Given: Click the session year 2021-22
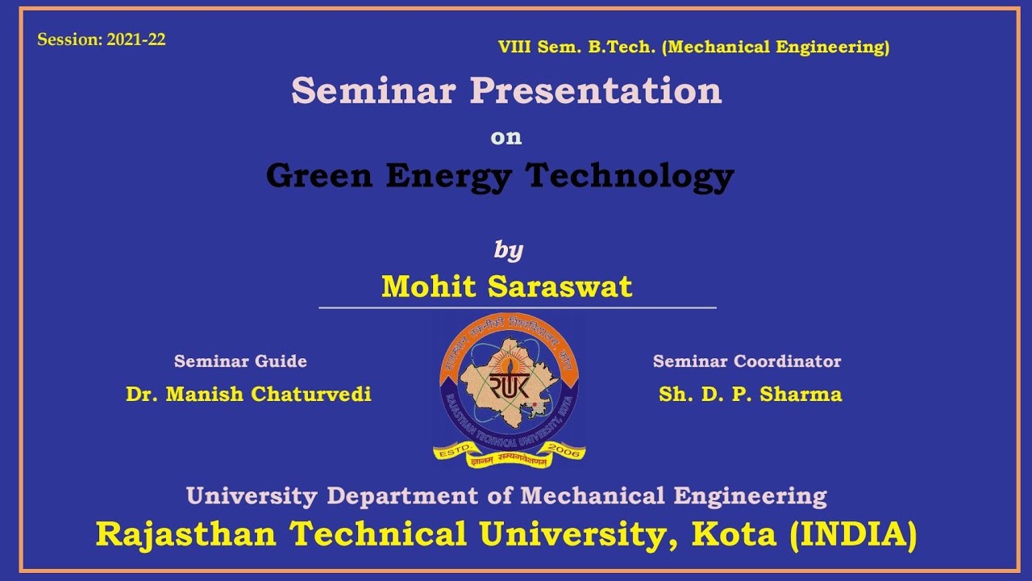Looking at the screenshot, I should [135, 40].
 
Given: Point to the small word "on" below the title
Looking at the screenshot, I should [506, 137].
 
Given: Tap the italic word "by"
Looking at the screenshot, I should [509, 250].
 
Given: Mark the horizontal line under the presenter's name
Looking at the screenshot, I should [517, 307].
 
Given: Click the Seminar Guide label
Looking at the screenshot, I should [240, 362].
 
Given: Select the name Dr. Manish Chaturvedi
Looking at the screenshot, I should [248, 394].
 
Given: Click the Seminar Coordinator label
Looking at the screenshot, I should [747, 362].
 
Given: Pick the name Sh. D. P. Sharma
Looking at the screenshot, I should [750, 394].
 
